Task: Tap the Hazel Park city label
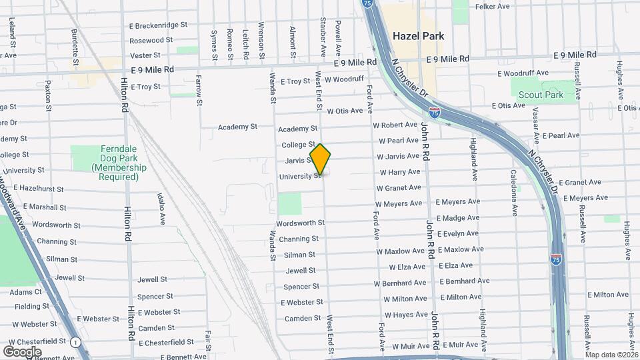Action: point(418,36)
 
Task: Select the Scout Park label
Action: point(541,95)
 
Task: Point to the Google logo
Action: point(23,351)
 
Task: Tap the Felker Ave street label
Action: point(493,7)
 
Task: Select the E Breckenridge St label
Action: point(159,25)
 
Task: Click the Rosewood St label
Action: point(151,40)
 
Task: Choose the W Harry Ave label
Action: point(399,172)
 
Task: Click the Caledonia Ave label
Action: point(514,193)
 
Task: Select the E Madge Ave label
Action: point(457,218)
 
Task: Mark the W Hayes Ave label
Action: point(406,315)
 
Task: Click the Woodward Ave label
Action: point(14,193)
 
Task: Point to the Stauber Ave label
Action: point(323,37)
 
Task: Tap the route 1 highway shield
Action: point(77,342)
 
